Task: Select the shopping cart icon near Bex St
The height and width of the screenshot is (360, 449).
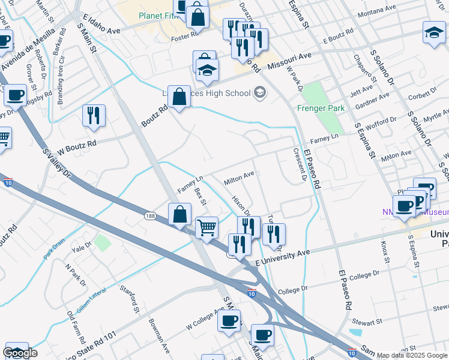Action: [206, 227]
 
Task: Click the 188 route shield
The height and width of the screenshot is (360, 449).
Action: [150, 215]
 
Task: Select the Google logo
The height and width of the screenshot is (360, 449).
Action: [20, 353]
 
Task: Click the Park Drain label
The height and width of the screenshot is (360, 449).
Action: [53, 248]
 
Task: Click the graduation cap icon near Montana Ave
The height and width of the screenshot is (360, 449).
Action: [434, 32]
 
